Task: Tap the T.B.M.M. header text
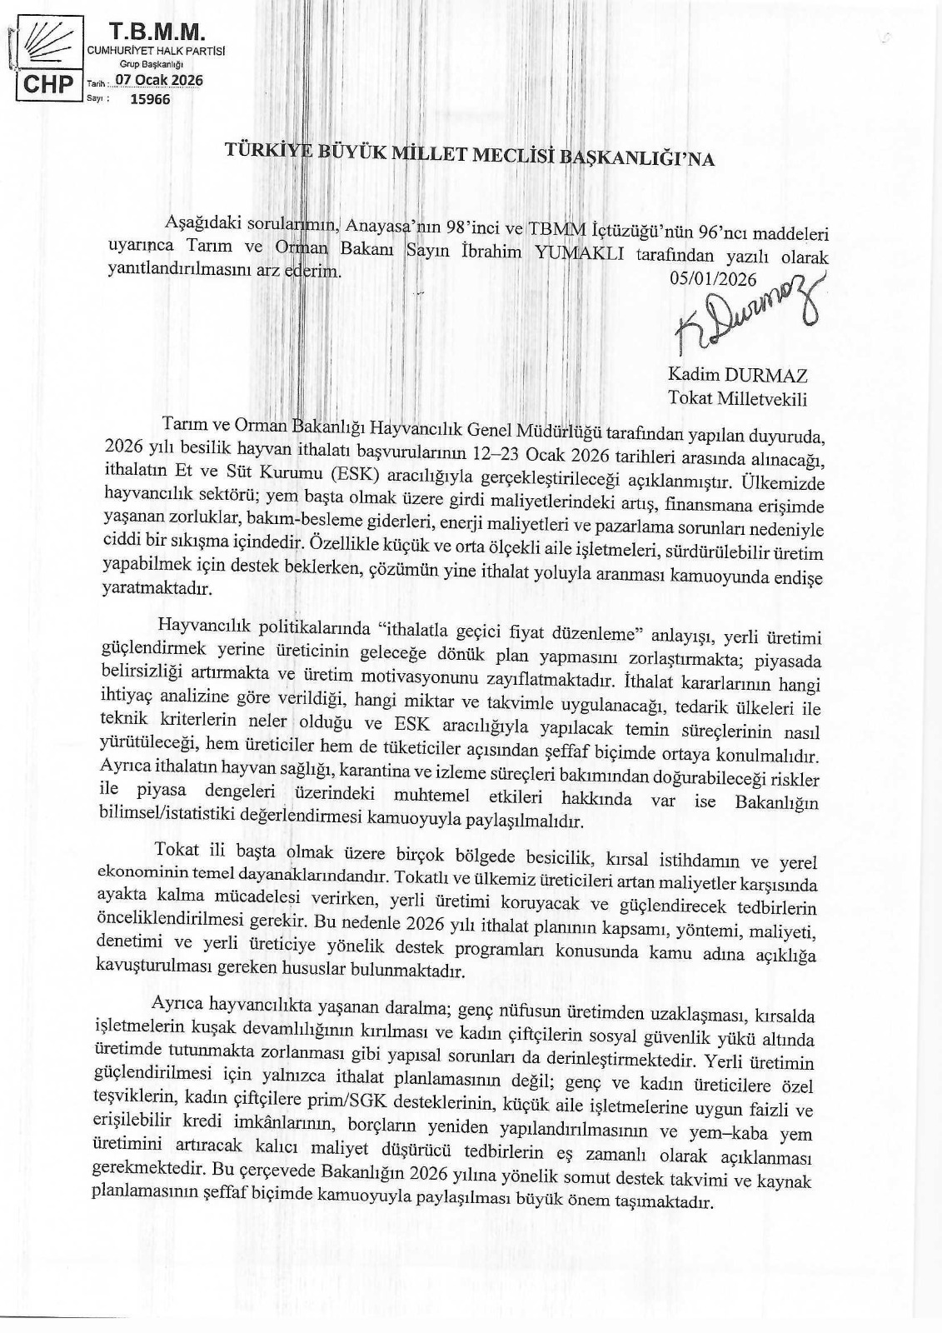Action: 157,32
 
